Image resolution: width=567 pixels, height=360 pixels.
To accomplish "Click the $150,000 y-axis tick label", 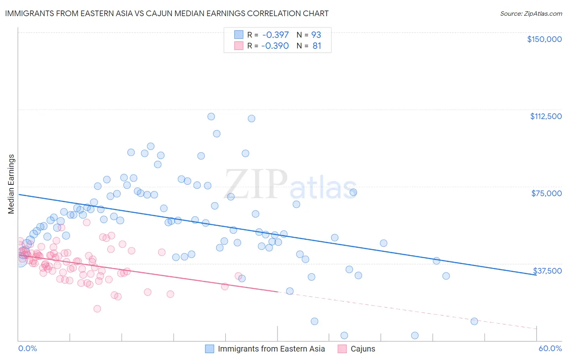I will coord(544,39).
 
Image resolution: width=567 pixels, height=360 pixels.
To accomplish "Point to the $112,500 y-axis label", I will coord(546,116).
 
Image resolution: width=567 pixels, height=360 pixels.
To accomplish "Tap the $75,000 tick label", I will coord(546,193).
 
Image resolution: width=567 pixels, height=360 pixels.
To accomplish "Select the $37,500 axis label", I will coord(547,271).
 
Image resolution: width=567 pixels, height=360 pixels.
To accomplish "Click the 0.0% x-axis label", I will coord(27,348).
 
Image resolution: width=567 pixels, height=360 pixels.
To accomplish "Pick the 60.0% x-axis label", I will coord(550,348).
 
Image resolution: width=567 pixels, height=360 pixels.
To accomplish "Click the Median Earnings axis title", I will coord(11,184).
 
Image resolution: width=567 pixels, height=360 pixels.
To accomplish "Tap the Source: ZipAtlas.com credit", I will coord(531,13).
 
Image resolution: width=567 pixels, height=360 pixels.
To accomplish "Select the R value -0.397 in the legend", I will coord(275,35).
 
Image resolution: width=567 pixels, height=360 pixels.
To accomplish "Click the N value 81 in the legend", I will coord(317,46).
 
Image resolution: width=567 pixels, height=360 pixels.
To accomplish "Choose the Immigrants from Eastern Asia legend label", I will coord(271,349).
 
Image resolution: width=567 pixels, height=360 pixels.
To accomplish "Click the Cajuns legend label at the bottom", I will coord(363,349).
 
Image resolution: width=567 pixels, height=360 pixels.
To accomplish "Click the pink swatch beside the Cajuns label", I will coord(342,349).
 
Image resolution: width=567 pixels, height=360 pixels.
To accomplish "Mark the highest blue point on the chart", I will coord(211,117).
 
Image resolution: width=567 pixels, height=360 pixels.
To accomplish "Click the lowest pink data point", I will coord(97,309).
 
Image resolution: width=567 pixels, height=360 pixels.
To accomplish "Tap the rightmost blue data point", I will coord(474,321).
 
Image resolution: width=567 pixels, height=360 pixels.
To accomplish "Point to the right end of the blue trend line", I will coord(536,274).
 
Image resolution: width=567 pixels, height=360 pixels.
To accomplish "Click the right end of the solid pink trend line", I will coord(278,291).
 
